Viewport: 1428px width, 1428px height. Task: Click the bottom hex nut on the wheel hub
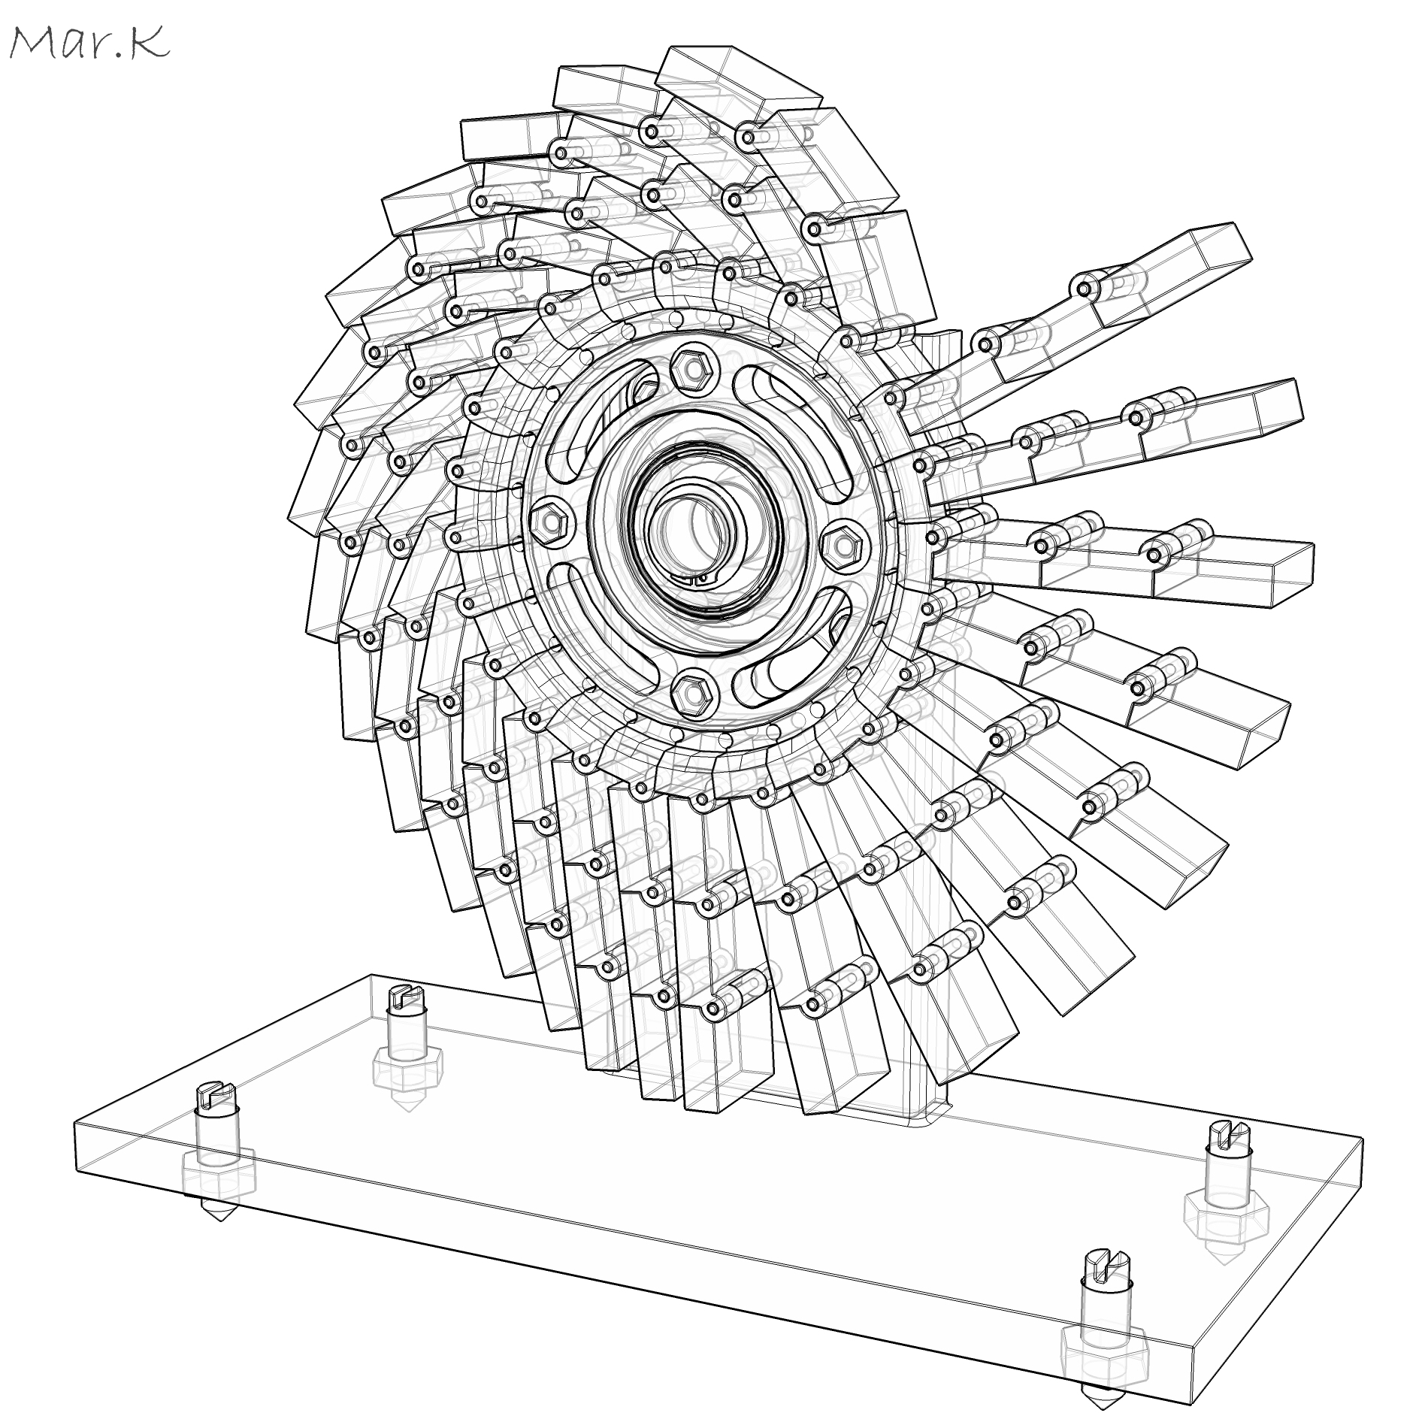coord(689,691)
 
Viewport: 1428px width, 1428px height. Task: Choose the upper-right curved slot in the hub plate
coord(797,428)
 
